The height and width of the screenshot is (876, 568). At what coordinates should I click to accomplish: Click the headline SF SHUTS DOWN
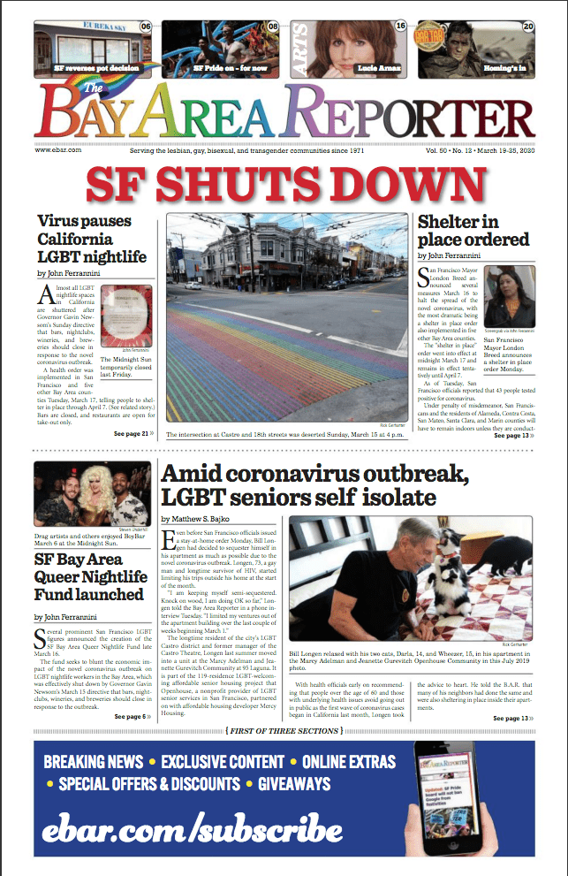284,184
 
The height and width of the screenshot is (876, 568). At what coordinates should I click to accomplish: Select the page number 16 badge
400,27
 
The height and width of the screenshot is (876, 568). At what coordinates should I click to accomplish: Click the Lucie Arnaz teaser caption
380,67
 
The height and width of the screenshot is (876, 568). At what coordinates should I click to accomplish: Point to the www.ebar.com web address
58,150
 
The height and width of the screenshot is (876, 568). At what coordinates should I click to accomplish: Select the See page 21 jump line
133,434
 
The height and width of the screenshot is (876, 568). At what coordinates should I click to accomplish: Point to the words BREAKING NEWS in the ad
94,762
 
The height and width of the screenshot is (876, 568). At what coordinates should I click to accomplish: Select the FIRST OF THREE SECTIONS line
284,730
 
